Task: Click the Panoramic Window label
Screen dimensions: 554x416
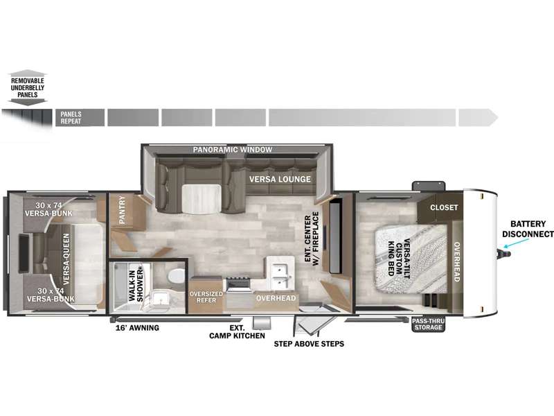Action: pyautogui.click(x=233, y=150)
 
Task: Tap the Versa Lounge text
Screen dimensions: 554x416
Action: pyautogui.click(x=280, y=180)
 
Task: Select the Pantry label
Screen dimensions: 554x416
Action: pyautogui.click(x=123, y=210)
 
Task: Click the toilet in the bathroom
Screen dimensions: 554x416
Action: pyautogui.click(x=177, y=276)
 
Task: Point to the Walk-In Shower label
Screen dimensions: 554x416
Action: pyautogui.click(x=136, y=286)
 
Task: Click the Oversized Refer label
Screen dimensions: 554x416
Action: pyautogui.click(x=206, y=297)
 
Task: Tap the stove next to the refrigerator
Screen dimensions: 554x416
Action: pyautogui.click(x=239, y=285)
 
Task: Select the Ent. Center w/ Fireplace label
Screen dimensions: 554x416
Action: pyautogui.click(x=312, y=239)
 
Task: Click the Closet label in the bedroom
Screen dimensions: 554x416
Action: pyautogui.click(x=444, y=207)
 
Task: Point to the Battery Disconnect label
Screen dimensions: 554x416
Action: pyautogui.click(x=528, y=229)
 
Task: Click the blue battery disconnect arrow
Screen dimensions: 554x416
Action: pyautogui.click(x=517, y=243)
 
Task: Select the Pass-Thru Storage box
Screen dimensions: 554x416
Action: pyautogui.click(x=428, y=324)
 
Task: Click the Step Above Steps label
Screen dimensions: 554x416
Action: pyautogui.click(x=309, y=344)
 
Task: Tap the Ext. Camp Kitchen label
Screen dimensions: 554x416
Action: pyautogui.click(x=237, y=332)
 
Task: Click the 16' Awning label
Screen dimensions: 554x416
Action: pyautogui.click(x=137, y=328)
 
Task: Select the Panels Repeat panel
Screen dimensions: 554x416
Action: pyautogui.click(x=80, y=117)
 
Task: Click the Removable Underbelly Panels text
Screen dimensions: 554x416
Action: pyautogui.click(x=28, y=88)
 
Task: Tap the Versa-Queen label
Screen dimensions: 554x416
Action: pyautogui.click(x=66, y=259)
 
